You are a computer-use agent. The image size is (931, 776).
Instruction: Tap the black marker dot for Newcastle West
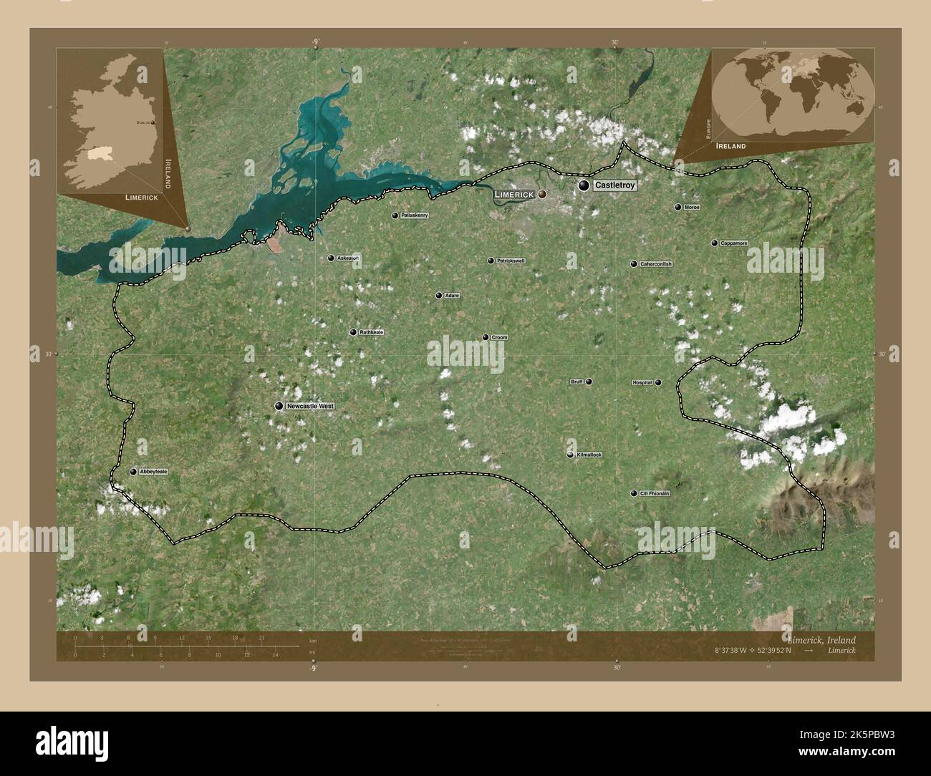tap(279, 406)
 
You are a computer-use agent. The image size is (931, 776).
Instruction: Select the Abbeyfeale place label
tap(154, 472)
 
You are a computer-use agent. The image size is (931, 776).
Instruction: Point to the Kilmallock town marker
tap(571, 455)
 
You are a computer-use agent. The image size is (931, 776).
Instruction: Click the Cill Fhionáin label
tap(655, 493)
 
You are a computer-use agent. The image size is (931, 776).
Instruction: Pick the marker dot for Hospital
tap(658, 382)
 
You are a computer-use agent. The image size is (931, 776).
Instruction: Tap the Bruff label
tap(577, 382)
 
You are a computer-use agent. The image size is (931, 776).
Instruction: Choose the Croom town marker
tap(486, 337)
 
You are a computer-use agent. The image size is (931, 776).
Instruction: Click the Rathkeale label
tap(372, 332)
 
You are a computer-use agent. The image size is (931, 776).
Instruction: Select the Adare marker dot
tap(439, 295)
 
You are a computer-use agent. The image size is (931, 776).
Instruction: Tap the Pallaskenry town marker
tap(395, 215)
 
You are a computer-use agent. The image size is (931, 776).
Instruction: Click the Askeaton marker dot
tap(331, 258)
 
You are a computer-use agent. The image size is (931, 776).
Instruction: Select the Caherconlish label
tap(656, 264)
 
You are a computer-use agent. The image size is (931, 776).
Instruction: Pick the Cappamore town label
tap(734, 243)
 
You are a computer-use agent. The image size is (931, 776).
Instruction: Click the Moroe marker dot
tap(677, 207)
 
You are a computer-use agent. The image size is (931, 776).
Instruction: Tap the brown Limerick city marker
tap(542, 194)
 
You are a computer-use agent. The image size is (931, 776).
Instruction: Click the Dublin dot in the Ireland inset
tap(152, 123)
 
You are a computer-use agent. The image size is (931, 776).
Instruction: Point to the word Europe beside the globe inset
tap(706, 129)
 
